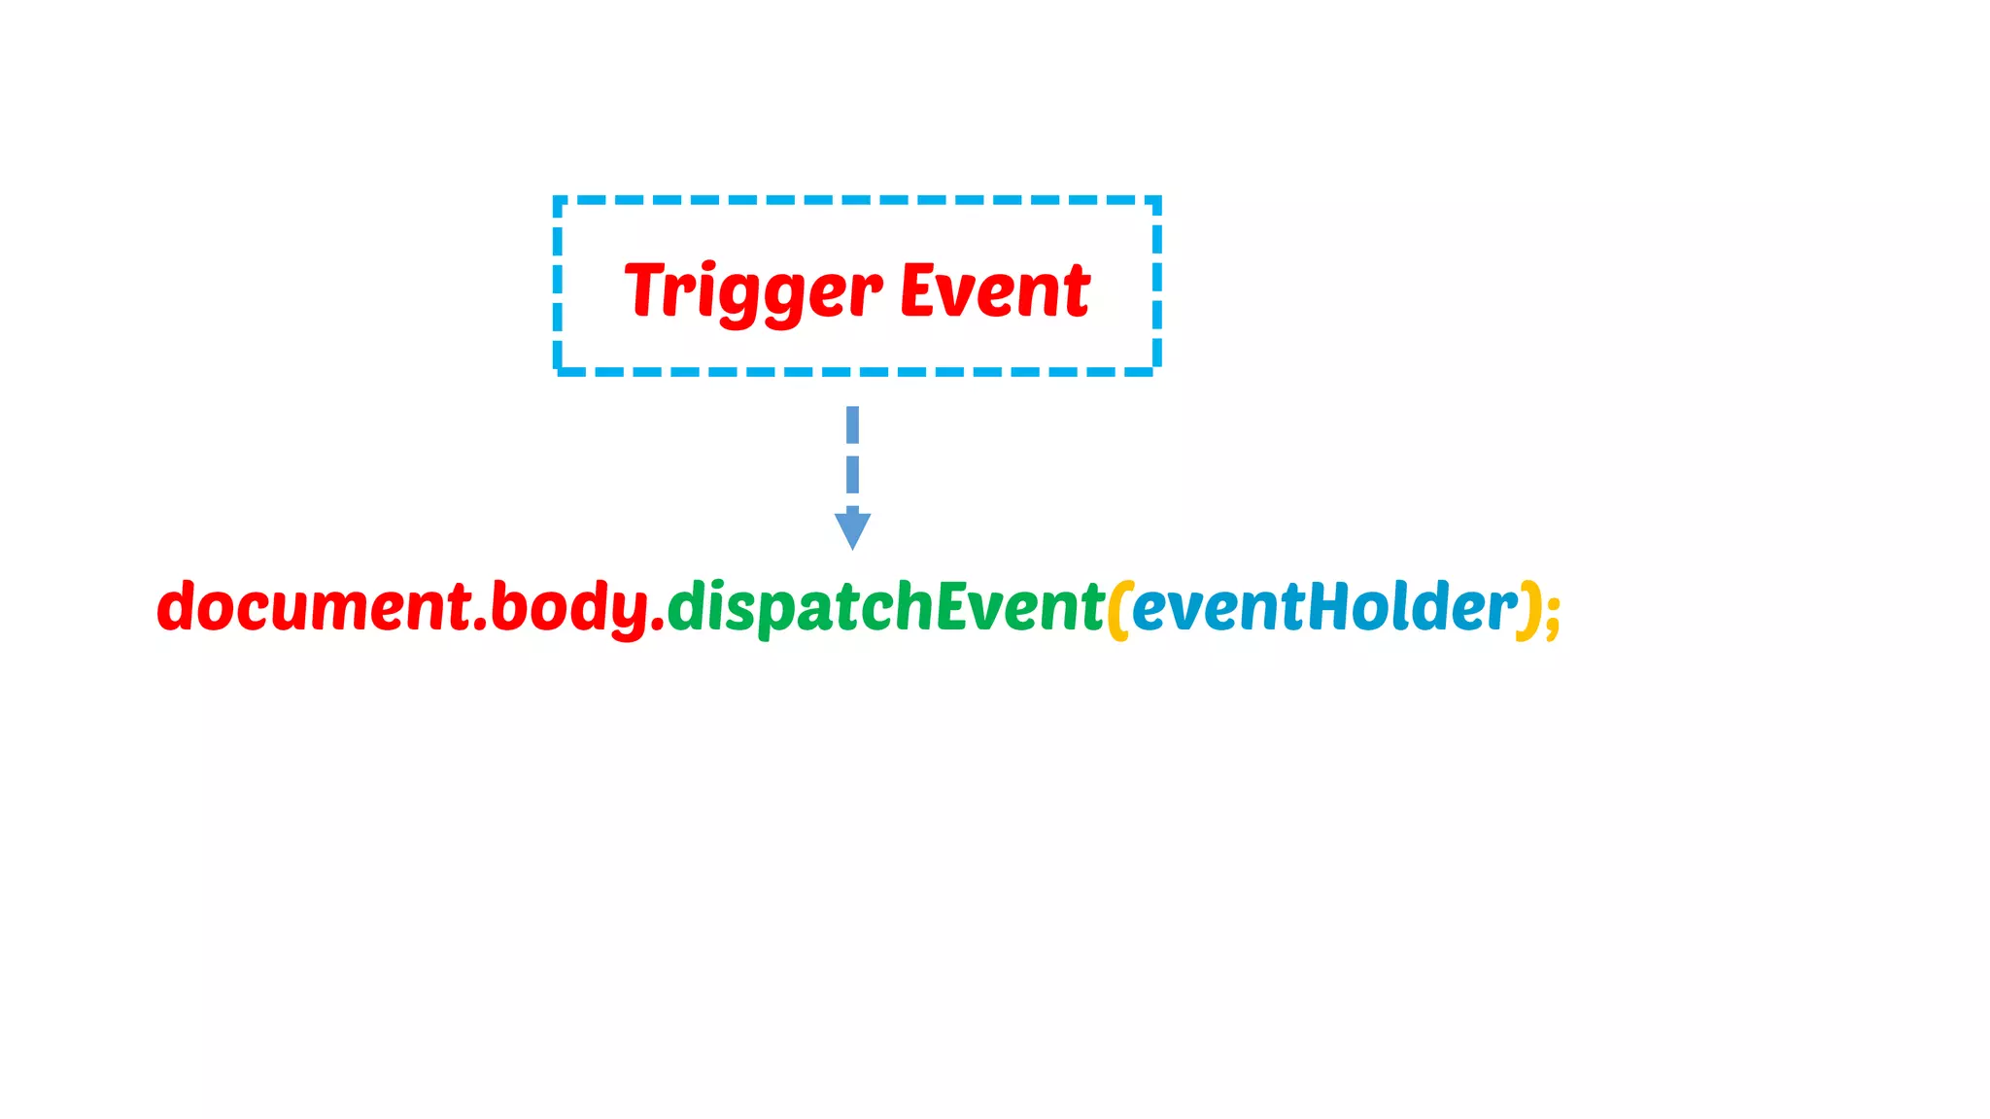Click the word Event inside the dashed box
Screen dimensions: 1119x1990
tap(995, 290)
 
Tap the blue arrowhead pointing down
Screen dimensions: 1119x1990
tap(852, 529)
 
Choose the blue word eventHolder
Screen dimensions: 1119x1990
tap(1324, 607)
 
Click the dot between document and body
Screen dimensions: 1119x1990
tap(480, 626)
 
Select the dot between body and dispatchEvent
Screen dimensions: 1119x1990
tap(658, 626)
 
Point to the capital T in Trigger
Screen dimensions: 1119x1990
tap(646, 288)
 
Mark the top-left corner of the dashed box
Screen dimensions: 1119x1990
tap(558, 200)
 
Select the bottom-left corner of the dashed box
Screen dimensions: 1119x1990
tap(558, 370)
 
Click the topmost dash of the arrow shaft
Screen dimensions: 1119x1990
tap(852, 424)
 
